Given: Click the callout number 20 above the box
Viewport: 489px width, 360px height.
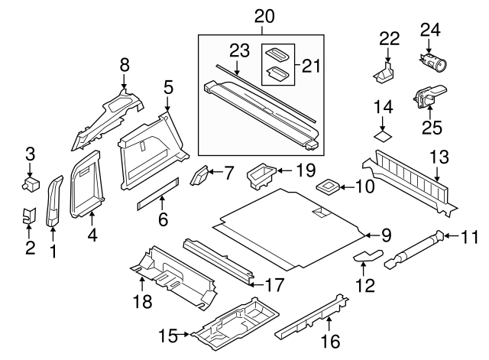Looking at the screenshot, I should (x=263, y=16).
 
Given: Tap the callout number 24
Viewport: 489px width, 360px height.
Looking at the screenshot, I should (x=431, y=31).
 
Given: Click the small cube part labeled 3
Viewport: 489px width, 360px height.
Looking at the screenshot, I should (x=31, y=183).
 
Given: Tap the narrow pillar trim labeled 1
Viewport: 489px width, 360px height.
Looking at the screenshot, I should (x=54, y=203).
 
